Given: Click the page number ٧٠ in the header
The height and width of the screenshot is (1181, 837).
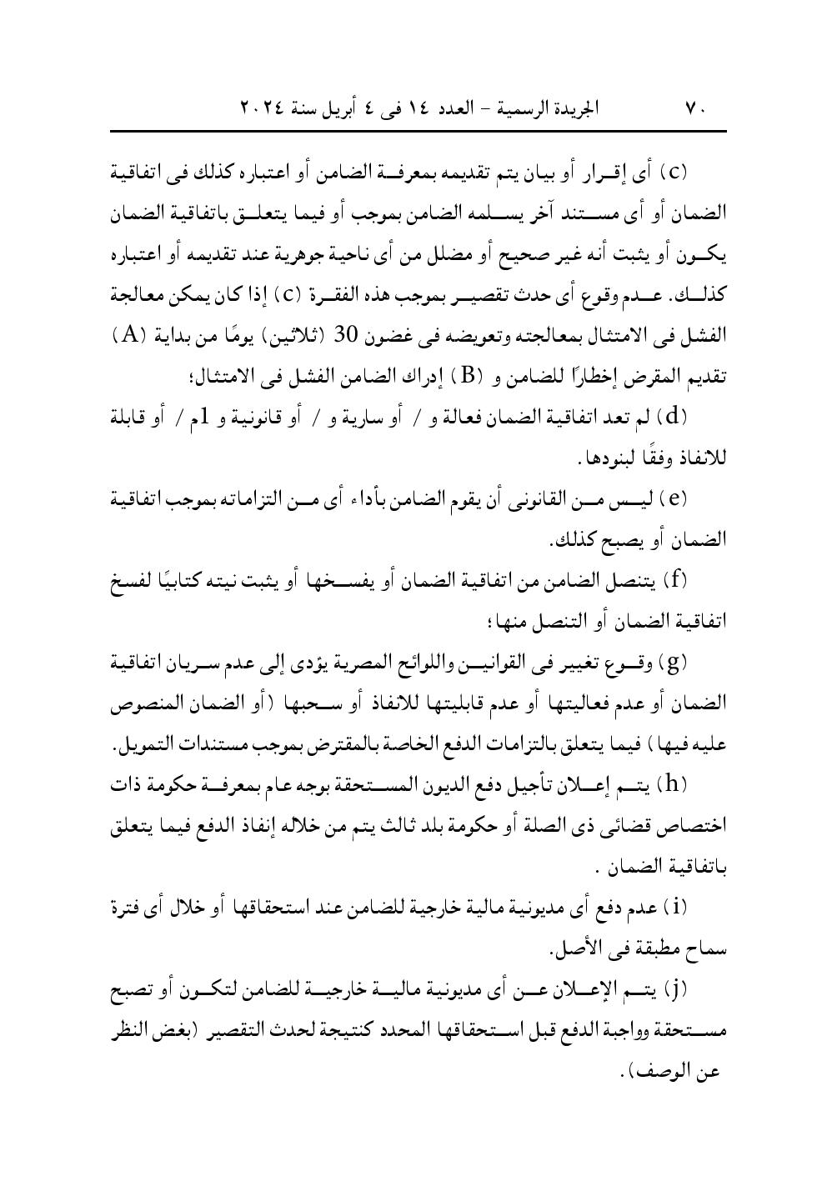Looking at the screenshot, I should (696, 108).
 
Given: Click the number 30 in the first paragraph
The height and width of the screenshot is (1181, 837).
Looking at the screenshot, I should (346, 335).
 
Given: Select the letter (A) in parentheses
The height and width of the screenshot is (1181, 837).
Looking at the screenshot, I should (129, 335).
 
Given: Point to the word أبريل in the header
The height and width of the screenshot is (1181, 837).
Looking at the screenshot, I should (345, 108).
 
